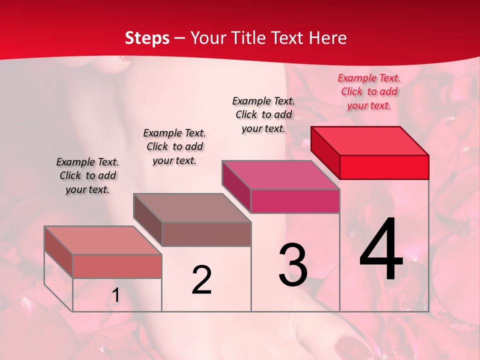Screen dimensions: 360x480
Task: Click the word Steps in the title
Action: tap(147, 38)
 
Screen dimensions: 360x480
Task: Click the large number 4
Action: tap(381, 249)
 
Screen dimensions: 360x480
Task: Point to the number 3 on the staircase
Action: tap(293, 265)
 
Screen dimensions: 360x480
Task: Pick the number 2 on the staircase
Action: tap(202, 280)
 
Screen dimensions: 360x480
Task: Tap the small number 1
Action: tap(116, 295)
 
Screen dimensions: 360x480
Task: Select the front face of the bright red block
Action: tap(384, 167)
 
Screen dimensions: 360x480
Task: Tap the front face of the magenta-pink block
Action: tap(295, 201)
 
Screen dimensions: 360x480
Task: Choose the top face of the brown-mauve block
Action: tap(192, 208)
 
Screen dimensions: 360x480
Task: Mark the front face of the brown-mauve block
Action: tap(206, 234)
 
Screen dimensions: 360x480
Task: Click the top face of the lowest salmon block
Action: tap(103, 240)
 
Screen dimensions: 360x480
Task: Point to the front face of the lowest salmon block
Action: tap(117, 266)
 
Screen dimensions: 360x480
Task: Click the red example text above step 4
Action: tap(369, 91)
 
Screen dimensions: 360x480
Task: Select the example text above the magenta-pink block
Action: tap(263, 114)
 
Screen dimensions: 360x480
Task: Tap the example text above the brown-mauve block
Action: tap(174, 146)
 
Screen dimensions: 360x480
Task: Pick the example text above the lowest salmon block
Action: tap(87, 175)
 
